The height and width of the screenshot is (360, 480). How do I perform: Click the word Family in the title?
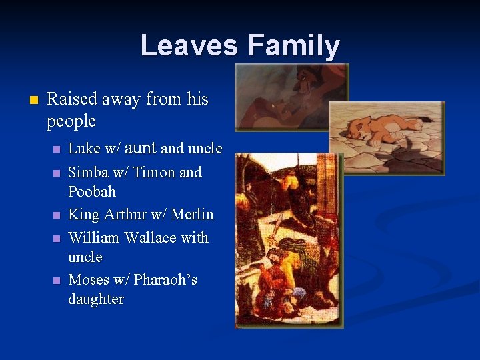point(293,46)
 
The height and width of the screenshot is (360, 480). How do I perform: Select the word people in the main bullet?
point(71,122)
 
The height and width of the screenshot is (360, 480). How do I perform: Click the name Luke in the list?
point(83,148)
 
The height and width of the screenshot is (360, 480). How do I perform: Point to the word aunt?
point(141,148)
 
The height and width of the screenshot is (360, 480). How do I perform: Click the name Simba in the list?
point(87,173)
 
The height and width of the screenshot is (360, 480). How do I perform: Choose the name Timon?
point(154,173)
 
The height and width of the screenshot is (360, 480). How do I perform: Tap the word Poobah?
point(92,192)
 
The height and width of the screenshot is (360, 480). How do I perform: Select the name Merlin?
point(193,215)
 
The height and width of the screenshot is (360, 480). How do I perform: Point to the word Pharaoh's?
point(165,280)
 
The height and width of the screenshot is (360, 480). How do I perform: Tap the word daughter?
point(96,299)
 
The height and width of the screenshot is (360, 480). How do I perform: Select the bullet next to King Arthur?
point(57,215)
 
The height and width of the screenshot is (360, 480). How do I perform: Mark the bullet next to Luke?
point(57,149)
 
